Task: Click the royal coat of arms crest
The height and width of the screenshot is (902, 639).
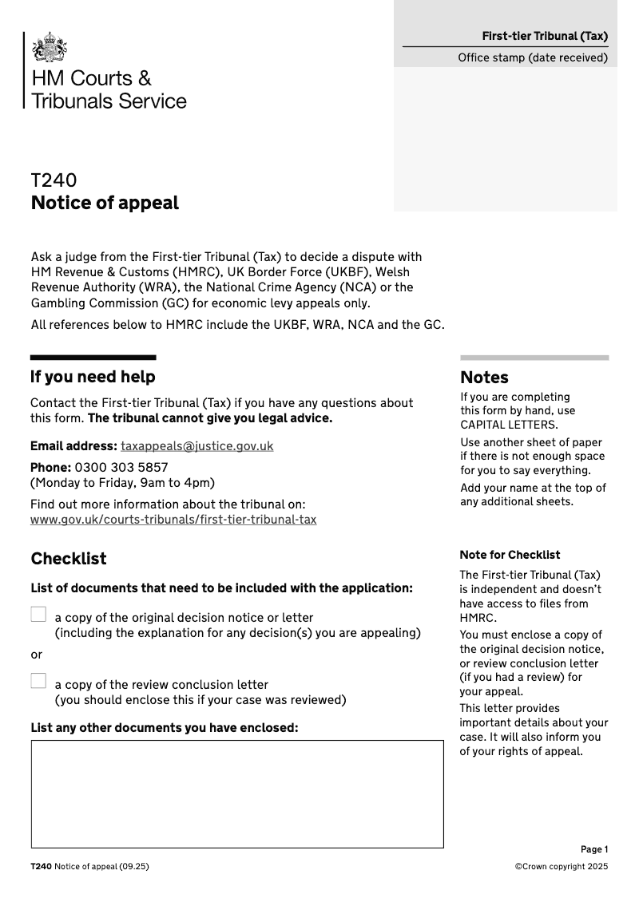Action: pyautogui.click(x=50, y=47)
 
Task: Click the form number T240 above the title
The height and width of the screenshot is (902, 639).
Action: pyautogui.click(x=54, y=181)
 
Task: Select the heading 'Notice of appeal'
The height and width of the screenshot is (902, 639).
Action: pyautogui.click(x=105, y=203)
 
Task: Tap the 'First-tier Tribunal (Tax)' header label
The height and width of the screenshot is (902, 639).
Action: pyautogui.click(x=545, y=36)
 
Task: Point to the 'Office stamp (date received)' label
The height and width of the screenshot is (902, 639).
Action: pyautogui.click(x=532, y=57)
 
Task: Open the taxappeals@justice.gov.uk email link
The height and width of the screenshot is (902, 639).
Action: pyautogui.click(x=196, y=446)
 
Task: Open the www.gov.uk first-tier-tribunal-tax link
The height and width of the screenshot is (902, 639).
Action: pyautogui.click(x=173, y=520)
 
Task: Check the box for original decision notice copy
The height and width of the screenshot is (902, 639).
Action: pyautogui.click(x=38, y=614)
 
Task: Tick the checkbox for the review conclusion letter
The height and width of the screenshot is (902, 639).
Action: pyautogui.click(x=38, y=681)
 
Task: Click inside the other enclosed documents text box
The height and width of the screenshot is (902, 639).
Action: pyautogui.click(x=237, y=793)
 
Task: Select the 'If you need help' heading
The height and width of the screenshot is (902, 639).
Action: pyautogui.click(x=93, y=377)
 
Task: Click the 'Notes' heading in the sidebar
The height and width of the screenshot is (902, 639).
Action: pyautogui.click(x=484, y=378)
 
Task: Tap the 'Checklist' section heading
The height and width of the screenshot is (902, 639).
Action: pyautogui.click(x=69, y=559)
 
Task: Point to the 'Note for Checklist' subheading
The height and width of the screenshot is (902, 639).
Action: pyautogui.click(x=510, y=555)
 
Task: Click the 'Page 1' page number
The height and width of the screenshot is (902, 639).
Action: pyautogui.click(x=594, y=849)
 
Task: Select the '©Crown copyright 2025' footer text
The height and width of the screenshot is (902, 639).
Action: pyautogui.click(x=562, y=867)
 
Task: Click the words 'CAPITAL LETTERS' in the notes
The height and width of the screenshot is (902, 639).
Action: pyautogui.click(x=509, y=425)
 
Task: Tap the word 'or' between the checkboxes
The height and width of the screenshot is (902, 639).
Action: pyautogui.click(x=37, y=655)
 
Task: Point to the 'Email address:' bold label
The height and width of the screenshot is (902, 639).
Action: pyautogui.click(x=73, y=446)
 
